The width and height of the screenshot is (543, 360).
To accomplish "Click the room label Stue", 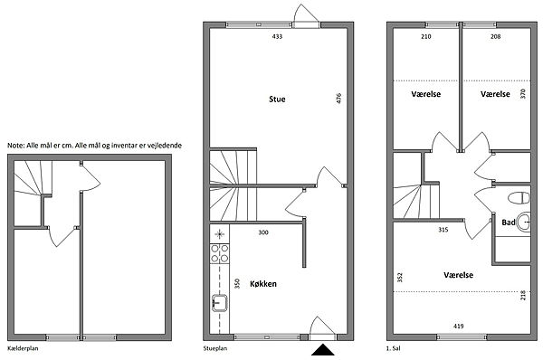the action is (277, 99).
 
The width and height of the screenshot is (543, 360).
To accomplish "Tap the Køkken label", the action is (263, 284).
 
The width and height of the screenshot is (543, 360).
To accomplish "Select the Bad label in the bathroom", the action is (509, 223).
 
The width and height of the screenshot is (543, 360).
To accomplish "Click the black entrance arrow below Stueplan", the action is (323, 350).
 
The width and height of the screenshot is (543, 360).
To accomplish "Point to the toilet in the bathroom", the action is (519, 198).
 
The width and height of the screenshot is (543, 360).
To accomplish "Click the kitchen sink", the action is (219, 303).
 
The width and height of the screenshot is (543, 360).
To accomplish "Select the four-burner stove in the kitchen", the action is (220, 253).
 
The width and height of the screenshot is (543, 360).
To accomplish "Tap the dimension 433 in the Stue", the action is (277, 36).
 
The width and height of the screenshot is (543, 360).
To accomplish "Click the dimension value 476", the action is (338, 98).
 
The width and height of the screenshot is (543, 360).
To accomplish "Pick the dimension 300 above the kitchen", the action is (263, 232).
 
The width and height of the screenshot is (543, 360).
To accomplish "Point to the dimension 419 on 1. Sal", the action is (458, 326).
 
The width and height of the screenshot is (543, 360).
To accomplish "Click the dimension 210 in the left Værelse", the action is (426, 36).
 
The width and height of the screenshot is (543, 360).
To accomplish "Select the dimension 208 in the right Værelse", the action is (496, 36).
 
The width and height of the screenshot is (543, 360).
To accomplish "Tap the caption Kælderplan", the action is (23, 348).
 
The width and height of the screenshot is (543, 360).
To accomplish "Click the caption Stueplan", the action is (215, 348).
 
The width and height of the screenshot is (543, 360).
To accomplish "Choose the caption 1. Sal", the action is (393, 348).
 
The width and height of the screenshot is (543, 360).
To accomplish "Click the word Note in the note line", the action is (15, 146).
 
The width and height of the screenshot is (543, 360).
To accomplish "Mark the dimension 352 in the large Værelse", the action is (400, 278).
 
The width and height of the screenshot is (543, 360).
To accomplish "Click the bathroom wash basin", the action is (524, 222).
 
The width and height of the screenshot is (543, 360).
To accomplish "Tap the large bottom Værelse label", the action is (458, 275).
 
